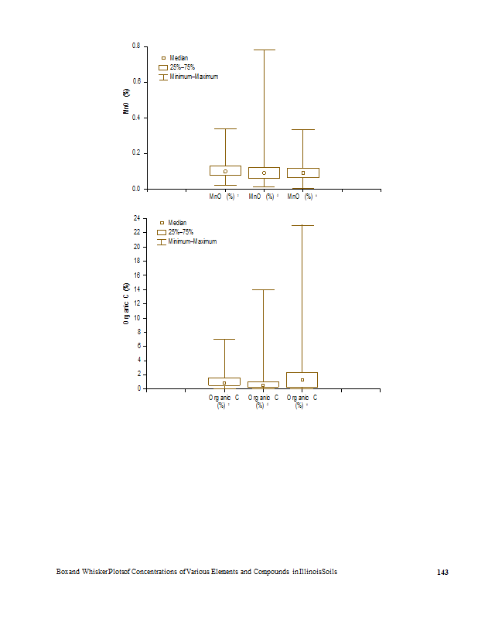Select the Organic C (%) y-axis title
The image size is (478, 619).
click(x=126, y=303)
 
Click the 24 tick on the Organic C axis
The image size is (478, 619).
click(x=137, y=219)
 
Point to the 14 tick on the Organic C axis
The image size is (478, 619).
click(x=137, y=289)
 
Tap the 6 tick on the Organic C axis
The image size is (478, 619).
click(x=138, y=346)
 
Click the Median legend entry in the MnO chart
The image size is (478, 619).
click(x=179, y=58)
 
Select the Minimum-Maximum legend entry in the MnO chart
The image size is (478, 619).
click(x=193, y=77)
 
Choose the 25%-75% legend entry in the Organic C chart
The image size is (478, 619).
click(x=180, y=232)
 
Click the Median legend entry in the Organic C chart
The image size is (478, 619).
click(x=177, y=223)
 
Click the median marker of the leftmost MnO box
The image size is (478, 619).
click(x=225, y=171)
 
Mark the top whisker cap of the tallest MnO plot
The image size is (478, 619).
click(x=264, y=50)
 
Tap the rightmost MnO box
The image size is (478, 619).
click(x=302, y=173)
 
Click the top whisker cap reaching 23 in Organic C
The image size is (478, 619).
click(x=302, y=225)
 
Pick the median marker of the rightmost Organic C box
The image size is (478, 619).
click(x=302, y=380)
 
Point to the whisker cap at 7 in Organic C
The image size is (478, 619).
click(x=224, y=339)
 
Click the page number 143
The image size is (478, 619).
click(x=442, y=572)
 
